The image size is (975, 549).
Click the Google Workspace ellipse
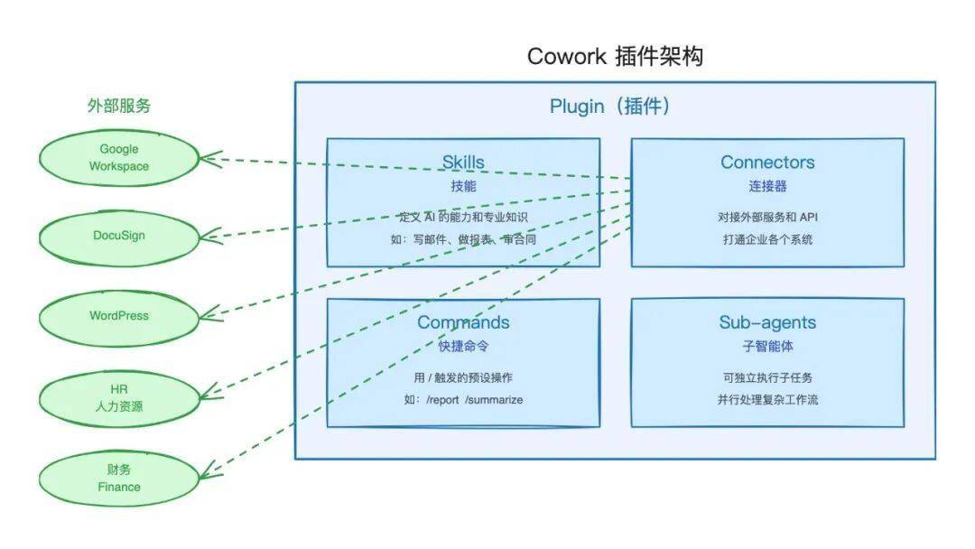[119, 158]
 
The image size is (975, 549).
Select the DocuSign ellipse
[119, 236]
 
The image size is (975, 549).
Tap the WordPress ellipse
[119, 316]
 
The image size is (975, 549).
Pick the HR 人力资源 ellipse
[119, 397]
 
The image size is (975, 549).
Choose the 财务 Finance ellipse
[119, 478]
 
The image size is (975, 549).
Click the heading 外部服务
[119, 106]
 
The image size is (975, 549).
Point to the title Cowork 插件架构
[615, 57]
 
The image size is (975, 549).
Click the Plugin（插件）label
[610, 107]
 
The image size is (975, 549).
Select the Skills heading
[463, 163]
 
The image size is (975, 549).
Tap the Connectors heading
[767, 163]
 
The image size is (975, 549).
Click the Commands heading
[463, 322]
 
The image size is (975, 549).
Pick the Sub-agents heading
[767, 322]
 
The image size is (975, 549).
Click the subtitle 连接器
[767, 186]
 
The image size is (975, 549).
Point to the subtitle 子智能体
[767, 346]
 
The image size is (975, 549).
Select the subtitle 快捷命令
[463, 346]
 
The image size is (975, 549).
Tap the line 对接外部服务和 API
[767, 217]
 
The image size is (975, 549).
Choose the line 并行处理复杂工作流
[767, 399]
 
